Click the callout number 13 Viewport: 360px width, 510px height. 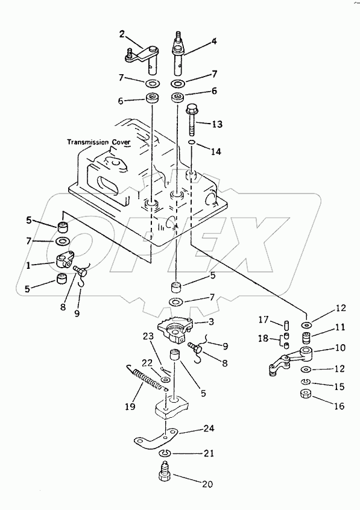[x=216, y=124]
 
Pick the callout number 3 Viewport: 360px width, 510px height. [x=210, y=323]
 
